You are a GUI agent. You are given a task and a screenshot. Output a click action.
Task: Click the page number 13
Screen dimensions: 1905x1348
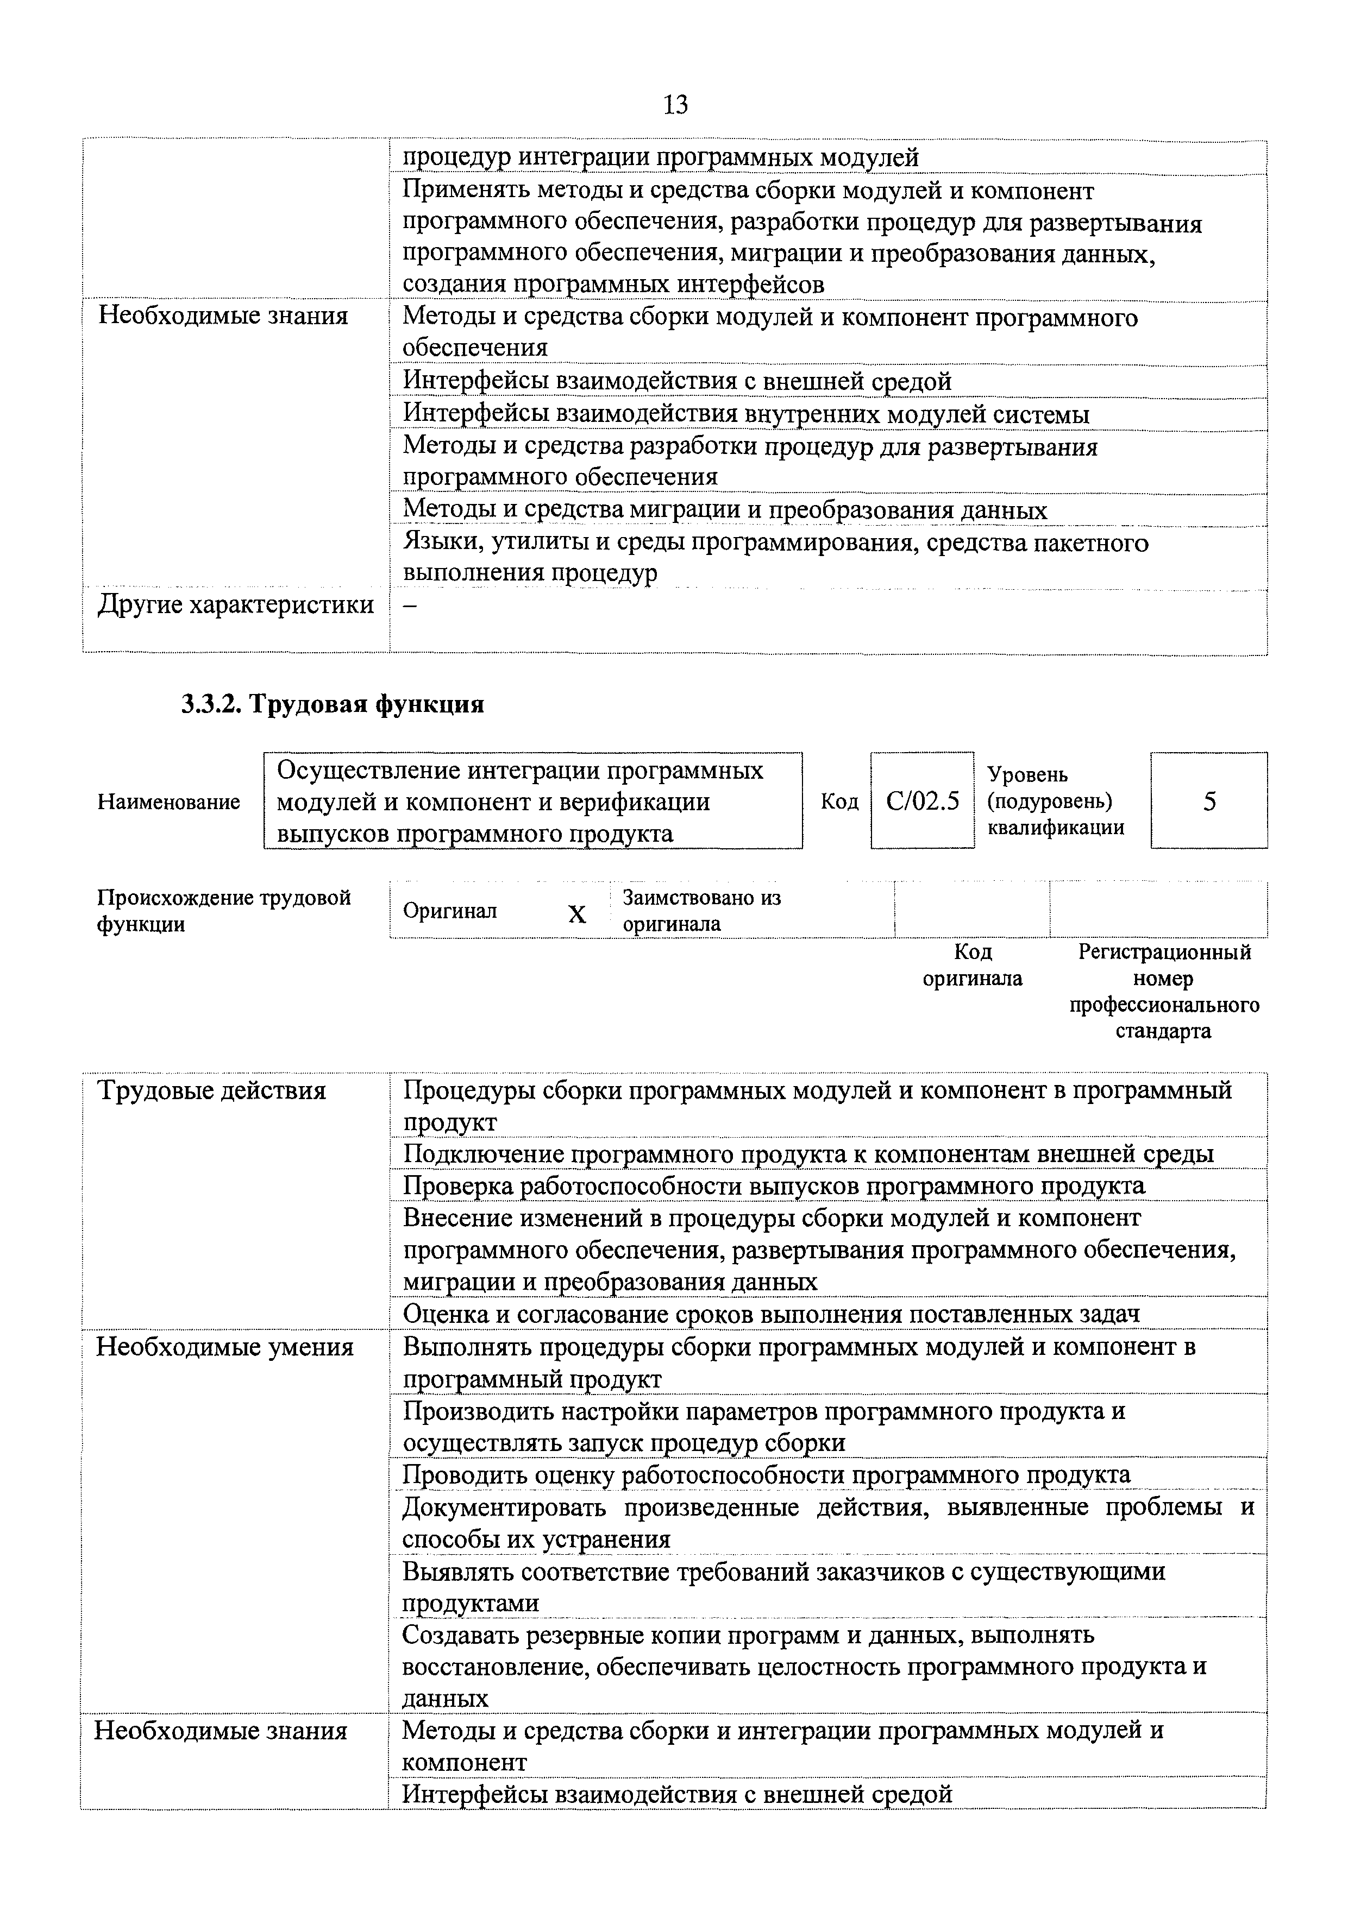[676, 105]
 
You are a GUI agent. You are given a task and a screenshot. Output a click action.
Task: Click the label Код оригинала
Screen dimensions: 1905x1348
[973, 965]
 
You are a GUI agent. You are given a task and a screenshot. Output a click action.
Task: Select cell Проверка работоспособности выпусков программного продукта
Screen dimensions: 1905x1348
[774, 1185]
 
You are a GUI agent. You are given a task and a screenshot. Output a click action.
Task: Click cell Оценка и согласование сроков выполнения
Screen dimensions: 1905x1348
[771, 1314]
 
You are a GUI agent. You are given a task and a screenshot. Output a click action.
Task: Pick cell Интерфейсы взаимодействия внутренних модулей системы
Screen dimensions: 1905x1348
[746, 414]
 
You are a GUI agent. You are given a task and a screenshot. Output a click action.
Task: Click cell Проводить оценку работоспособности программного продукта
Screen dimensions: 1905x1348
[766, 1474]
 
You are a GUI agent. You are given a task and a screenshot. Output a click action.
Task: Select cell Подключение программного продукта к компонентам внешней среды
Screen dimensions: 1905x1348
[807, 1154]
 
